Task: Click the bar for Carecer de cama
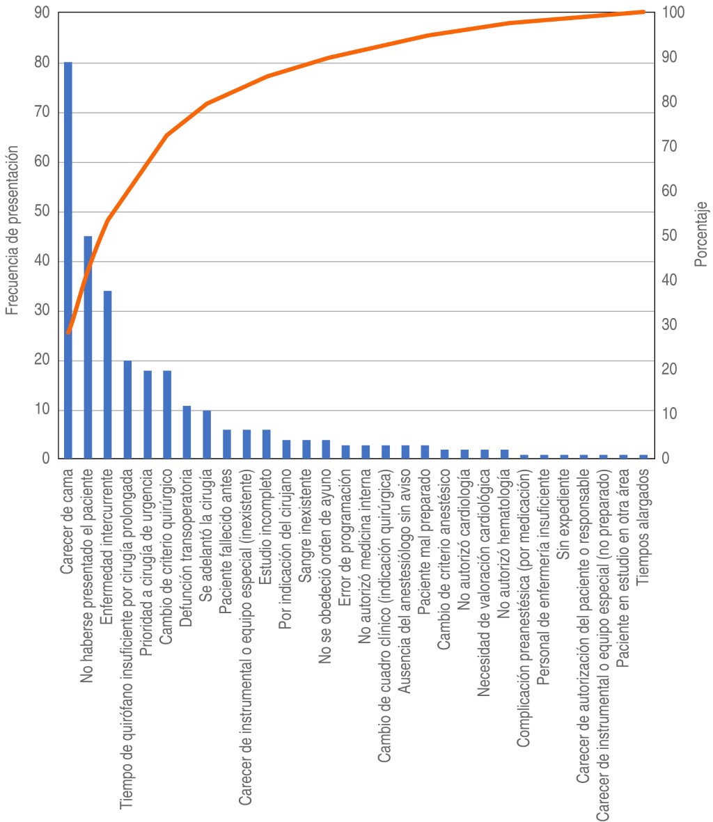[x=68, y=260]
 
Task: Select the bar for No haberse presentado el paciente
[x=88, y=347]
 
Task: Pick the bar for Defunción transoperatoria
[x=187, y=432]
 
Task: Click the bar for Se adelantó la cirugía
[x=206, y=434]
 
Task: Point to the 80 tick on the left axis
[x=42, y=63]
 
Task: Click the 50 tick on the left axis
[x=42, y=212]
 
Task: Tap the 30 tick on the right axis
[x=671, y=325]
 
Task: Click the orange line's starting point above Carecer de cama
[x=68, y=333]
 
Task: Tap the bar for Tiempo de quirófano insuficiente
[x=127, y=409]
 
